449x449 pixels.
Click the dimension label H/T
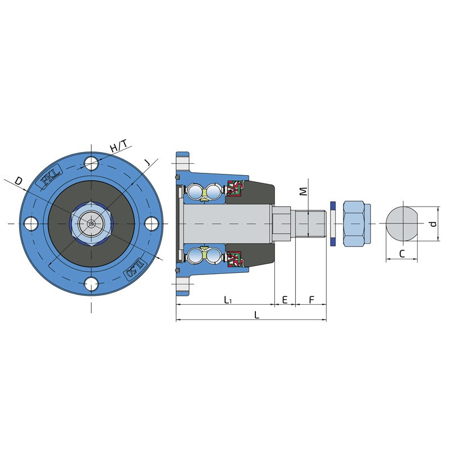click(x=118, y=146)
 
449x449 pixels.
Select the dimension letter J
click(x=147, y=162)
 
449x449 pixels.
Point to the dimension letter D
click(x=19, y=181)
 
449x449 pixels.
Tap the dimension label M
click(x=303, y=191)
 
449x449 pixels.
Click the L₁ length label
click(x=228, y=300)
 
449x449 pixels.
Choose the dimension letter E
click(x=285, y=300)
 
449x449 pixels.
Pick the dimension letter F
click(x=311, y=300)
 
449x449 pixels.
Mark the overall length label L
click(x=257, y=315)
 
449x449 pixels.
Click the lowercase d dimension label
click(x=433, y=223)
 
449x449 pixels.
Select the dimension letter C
click(x=402, y=254)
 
